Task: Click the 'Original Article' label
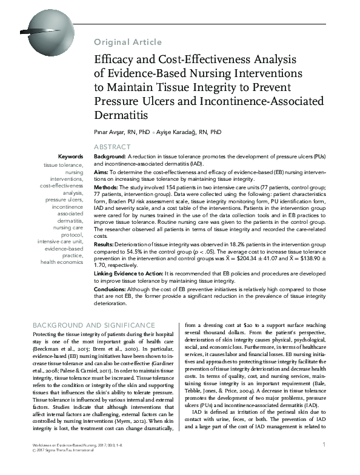click(x=128, y=42)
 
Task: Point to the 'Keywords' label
click(x=71, y=156)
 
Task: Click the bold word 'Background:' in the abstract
click(x=110, y=156)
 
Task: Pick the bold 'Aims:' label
click(x=101, y=172)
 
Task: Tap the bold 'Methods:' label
click(x=107, y=189)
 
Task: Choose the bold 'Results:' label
click(x=105, y=243)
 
